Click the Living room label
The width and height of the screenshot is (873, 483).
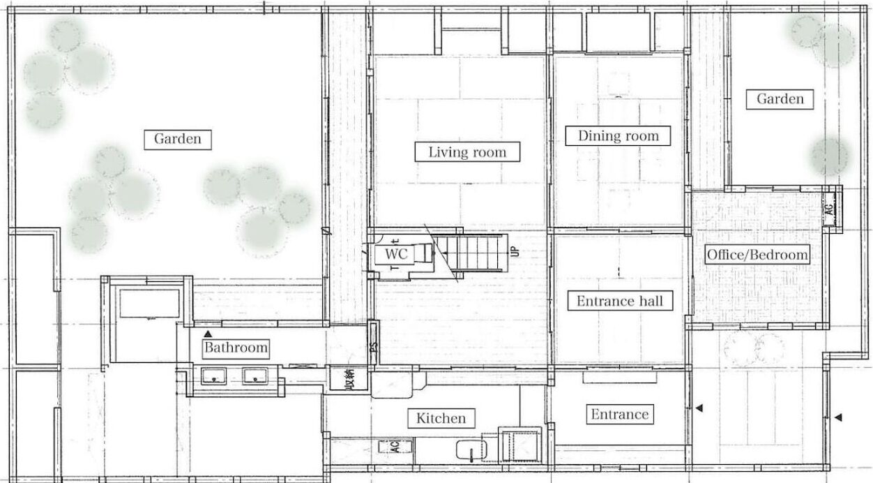coord(467,151)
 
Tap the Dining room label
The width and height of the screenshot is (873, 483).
coord(618,136)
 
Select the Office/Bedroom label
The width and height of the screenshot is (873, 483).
coord(757,255)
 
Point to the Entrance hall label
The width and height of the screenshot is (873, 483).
coord(620,301)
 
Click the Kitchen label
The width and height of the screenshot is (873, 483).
coord(441,418)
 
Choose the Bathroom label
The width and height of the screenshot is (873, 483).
coord(236,347)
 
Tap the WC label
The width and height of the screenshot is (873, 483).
coord(396,254)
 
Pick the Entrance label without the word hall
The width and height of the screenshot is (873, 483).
coord(620,414)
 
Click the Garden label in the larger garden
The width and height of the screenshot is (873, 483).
coord(178,140)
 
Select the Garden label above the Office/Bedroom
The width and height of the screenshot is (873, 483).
coord(780,99)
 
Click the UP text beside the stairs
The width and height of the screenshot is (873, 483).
coord(515,251)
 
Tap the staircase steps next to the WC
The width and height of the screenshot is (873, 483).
coord(471,253)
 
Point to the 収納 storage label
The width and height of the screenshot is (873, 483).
coord(349,378)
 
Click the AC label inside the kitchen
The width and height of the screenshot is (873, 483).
coord(395,446)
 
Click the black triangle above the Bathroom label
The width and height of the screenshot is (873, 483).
coord(208,334)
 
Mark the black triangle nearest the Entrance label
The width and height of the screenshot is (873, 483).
coord(699,408)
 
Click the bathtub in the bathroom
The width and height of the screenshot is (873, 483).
coord(149,304)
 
